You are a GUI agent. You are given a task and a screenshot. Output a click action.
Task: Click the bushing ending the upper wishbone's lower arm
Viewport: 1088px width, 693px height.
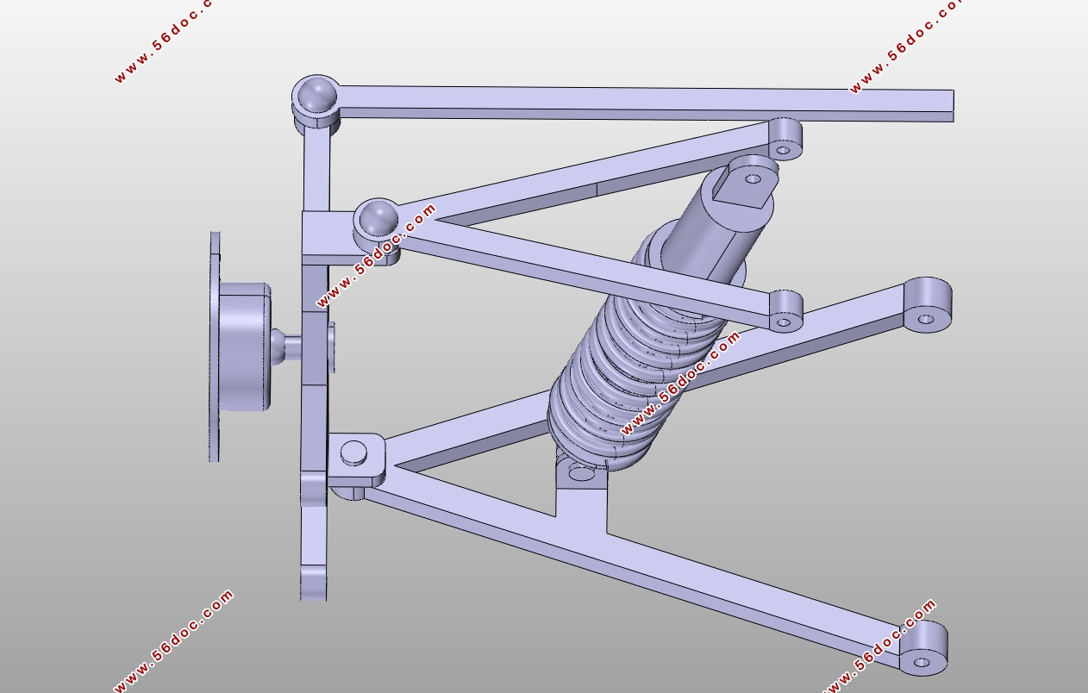pos(785,311)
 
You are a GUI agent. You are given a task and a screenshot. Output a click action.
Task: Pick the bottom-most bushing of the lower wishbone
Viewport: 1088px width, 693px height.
pos(922,648)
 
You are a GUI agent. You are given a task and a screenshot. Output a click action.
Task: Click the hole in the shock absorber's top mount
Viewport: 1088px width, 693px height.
pos(753,179)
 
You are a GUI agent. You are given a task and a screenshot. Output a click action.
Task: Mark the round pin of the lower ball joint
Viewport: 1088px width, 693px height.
pos(353,452)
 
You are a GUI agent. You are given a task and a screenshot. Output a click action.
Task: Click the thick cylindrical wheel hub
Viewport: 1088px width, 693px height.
pos(244,346)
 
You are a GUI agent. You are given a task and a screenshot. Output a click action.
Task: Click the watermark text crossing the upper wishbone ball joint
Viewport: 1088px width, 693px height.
pos(376,256)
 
